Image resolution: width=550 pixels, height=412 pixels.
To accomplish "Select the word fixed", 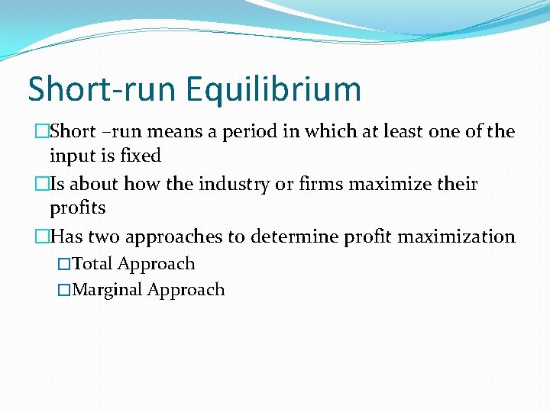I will (141, 156).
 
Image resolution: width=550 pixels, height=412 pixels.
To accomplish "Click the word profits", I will (77, 208).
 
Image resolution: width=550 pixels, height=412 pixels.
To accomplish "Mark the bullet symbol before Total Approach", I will (64, 265).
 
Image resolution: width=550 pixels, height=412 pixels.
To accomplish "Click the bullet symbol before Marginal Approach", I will (64, 291).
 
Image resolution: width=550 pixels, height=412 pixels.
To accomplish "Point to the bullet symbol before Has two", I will (41, 237).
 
